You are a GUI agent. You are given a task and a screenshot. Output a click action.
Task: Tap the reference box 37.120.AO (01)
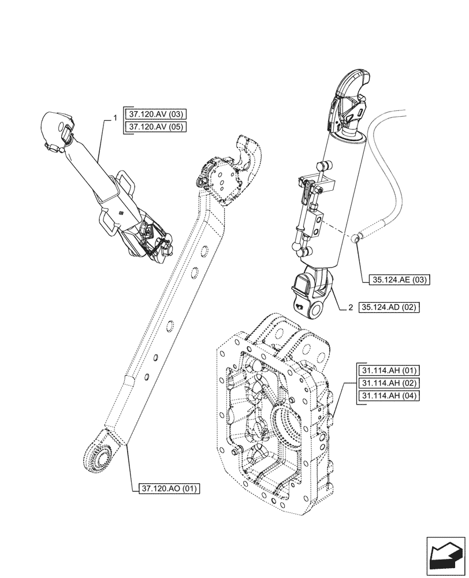coord(170,489)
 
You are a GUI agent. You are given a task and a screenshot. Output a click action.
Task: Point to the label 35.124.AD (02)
coord(389,307)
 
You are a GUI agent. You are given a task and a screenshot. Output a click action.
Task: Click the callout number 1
coord(116,118)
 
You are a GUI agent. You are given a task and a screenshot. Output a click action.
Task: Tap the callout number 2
coord(350,307)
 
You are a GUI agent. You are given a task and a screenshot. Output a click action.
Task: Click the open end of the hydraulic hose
coord(358,237)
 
